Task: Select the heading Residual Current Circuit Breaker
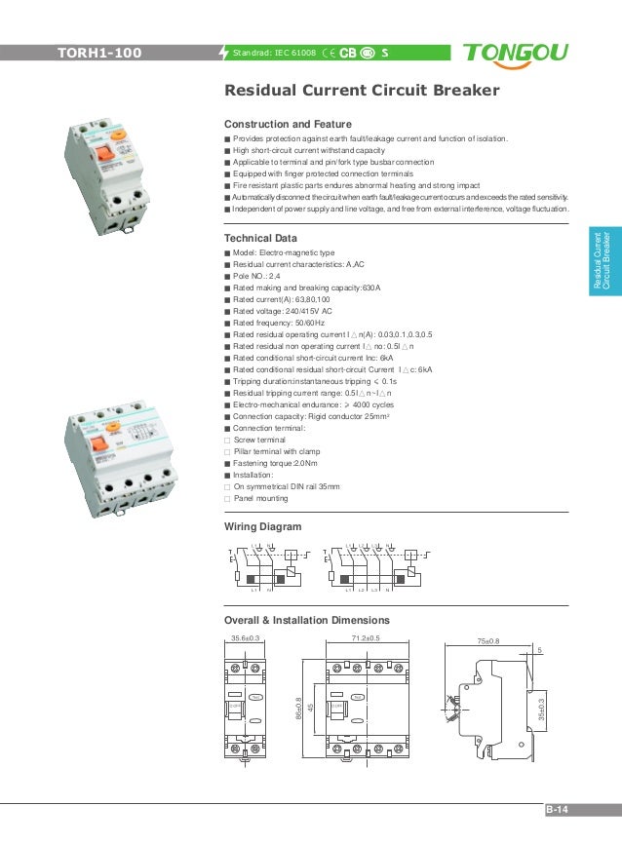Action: (362, 92)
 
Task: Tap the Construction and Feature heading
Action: (288, 125)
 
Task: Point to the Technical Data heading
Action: (261, 238)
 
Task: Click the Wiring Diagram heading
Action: (263, 526)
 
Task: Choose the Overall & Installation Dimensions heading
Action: (322, 620)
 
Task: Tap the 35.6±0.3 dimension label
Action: (246, 638)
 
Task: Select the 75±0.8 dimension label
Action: (487, 641)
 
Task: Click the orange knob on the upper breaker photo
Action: (117, 135)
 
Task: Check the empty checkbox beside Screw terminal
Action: (227, 441)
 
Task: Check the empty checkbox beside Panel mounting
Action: (227, 498)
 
